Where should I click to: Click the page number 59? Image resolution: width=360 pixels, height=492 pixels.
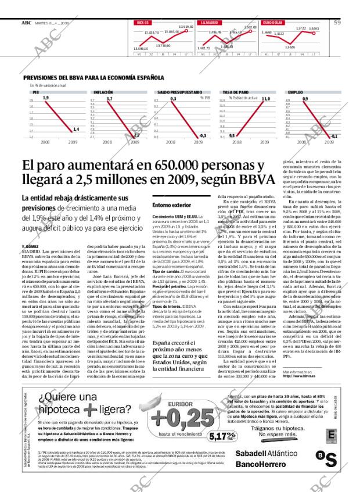point(337,23)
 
